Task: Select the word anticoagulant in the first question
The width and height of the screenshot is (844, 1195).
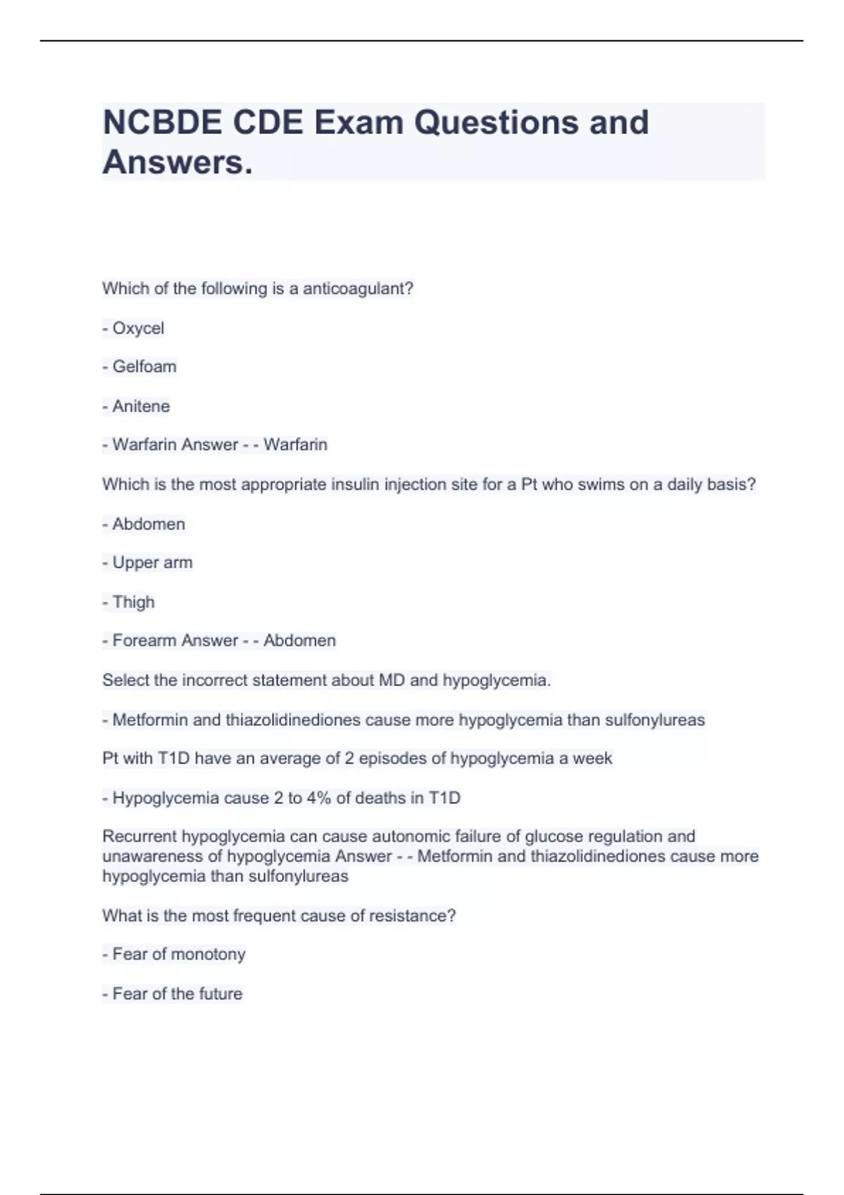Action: click(357, 289)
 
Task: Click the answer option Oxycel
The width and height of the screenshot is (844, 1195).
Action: click(138, 328)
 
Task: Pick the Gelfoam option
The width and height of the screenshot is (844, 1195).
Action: click(144, 367)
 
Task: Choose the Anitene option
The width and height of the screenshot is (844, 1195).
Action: click(141, 406)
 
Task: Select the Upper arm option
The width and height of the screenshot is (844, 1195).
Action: click(152, 562)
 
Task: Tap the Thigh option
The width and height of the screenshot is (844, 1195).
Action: click(133, 602)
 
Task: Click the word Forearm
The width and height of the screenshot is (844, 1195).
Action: click(141, 640)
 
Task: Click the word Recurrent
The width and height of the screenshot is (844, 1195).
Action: click(139, 836)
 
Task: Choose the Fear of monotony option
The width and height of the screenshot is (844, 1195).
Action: click(179, 955)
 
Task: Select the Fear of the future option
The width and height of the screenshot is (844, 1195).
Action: click(177, 994)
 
